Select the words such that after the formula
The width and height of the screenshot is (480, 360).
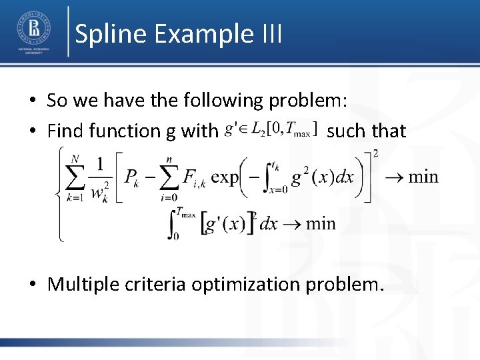click(x=367, y=131)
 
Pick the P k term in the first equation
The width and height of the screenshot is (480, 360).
click(x=133, y=178)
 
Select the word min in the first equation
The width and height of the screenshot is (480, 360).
click(x=423, y=177)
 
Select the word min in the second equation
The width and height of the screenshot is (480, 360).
click(x=321, y=223)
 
